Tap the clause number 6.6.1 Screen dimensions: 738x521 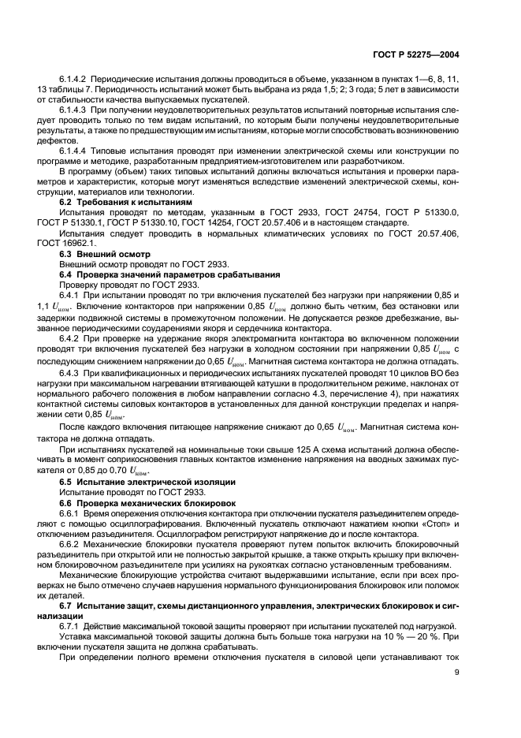(x=72, y=512)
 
